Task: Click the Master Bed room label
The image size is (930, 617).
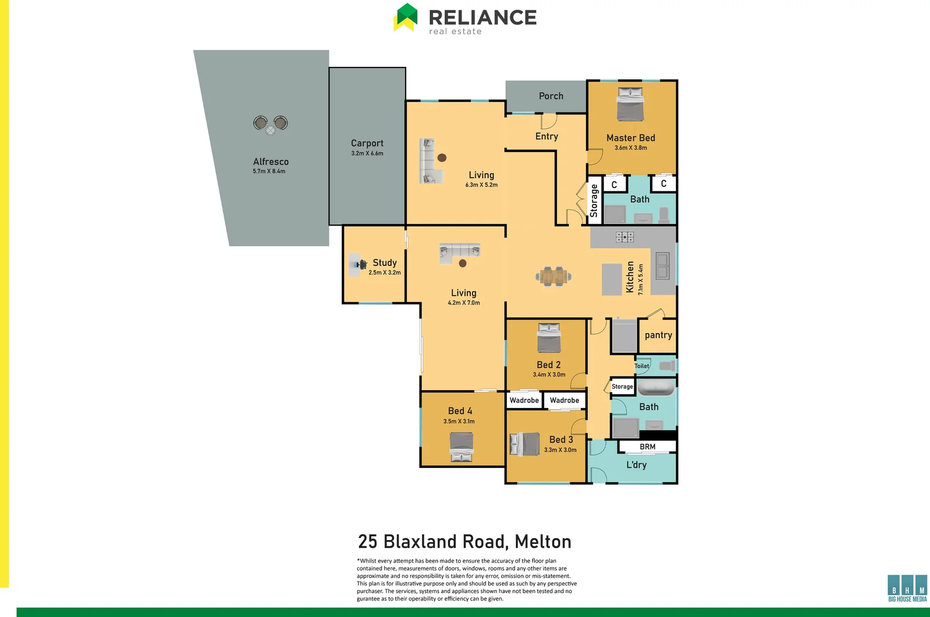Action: click(x=631, y=138)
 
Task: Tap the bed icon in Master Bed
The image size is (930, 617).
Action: click(x=630, y=105)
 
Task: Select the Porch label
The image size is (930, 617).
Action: click(x=551, y=96)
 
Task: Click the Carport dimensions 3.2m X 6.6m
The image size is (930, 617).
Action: click(x=367, y=153)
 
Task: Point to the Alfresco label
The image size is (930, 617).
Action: click(x=271, y=162)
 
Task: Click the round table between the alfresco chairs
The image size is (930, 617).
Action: click(x=271, y=130)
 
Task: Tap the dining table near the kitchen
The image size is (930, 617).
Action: click(x=553, y=277)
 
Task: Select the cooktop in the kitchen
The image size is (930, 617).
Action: click(x=624, y=237)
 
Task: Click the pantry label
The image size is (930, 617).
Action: click(x=658, y=335)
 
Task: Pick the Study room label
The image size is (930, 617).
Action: click(x=384, y=262)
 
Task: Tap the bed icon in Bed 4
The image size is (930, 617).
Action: click(x=461, y=447)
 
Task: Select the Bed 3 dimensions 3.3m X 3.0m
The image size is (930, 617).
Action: click(x=560, y=450)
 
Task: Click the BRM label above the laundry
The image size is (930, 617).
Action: click(x=647, y=447)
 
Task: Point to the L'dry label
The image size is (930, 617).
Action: click(x=636, y=464)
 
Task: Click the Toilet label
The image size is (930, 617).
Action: click(x=642, y=366)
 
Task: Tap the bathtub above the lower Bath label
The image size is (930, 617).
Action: click(x=656, y=388)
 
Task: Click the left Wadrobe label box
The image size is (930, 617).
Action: click(x=524, y=400)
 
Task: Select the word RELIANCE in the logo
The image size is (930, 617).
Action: click(x=482, y=17)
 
